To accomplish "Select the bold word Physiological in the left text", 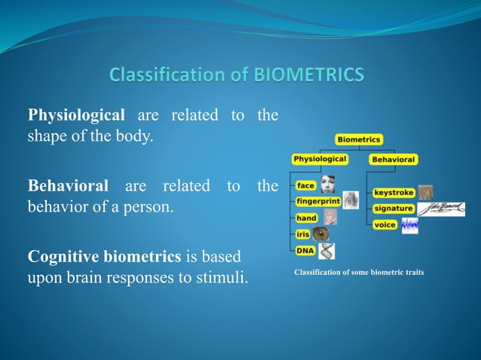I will point(76,115).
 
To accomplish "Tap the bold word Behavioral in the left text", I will point(68,185).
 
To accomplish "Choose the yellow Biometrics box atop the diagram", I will point(359,139).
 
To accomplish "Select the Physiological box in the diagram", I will point(320,159).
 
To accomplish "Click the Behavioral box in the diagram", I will point(393,160).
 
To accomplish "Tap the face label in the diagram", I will point(306,185).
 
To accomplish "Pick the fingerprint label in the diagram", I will point(317,202).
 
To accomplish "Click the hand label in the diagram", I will point(307,218).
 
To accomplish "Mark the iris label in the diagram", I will point(303,234).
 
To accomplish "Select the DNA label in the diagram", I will point(305,251).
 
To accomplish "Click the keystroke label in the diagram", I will point(394,193).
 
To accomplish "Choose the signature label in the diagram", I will point(394,209).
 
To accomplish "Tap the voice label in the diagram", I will point(385,224).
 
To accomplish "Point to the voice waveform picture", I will point(409,225).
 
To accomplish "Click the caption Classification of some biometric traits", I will point(359,272).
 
